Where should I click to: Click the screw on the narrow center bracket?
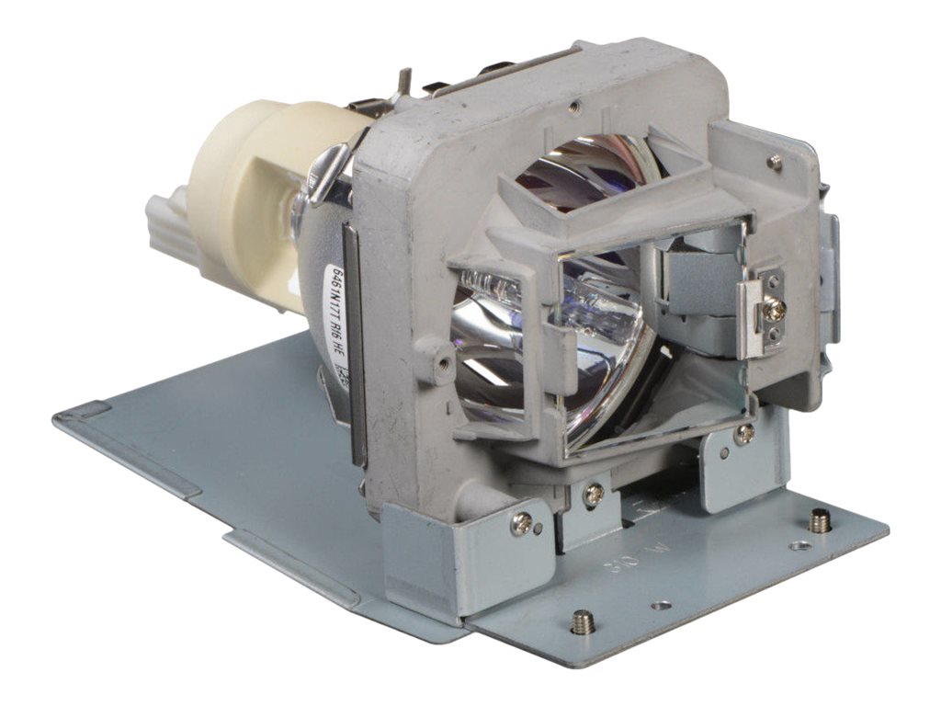coord(594,494)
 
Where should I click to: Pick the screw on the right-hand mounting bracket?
coord(744,432)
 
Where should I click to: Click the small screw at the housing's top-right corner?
coord(776,163)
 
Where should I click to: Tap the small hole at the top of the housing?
coord(573,107)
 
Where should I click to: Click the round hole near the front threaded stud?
coord(661,605)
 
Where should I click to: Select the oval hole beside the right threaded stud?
coord(799,545)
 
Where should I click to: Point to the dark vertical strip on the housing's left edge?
coord(354,340)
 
